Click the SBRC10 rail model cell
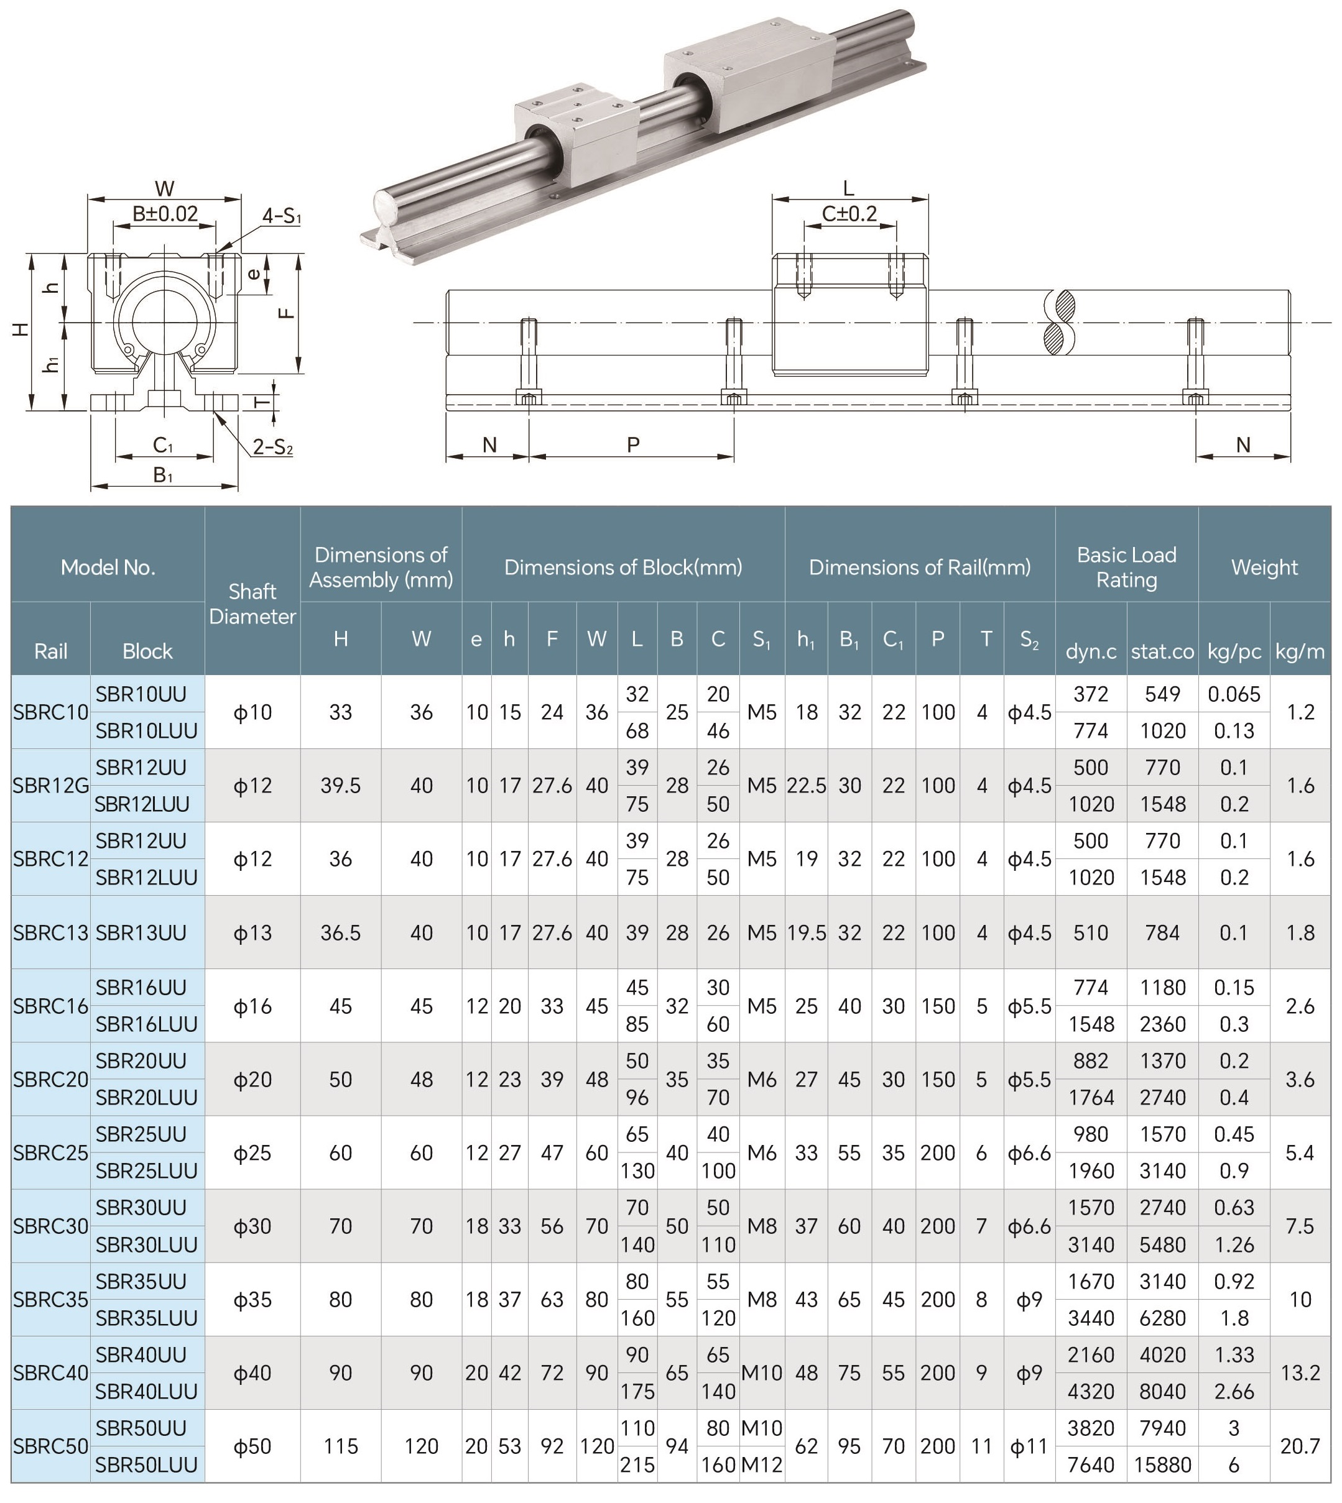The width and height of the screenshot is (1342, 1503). click(50, 712)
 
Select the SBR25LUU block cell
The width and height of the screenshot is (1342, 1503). click(147, 1170)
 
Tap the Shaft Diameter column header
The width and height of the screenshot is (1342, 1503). click(252, 604)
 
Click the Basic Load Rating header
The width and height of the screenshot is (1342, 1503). click(1126, 567)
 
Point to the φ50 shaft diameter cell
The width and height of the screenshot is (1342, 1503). click(252, 1446)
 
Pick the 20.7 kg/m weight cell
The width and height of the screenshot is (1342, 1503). click(1300, 1446)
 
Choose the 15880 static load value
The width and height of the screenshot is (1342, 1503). click(1162, 1464)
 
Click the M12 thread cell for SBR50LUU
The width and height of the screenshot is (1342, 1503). click(762, 1464)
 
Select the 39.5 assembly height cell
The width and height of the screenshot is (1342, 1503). click(340, 786)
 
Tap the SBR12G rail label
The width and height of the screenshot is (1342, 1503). click(50, 786)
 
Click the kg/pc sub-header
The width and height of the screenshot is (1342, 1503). click(1234, 651)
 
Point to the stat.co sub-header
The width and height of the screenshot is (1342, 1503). click(1162, 651)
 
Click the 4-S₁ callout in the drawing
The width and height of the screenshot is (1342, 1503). click(282, 216)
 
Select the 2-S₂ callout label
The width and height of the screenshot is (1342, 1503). click(273, 447)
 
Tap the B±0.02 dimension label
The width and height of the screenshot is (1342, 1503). click(165, 214)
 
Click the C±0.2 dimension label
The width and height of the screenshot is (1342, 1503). click(849, 214)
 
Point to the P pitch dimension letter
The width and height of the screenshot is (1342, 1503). click(632, 444)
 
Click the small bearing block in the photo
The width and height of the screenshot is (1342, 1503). click(575, 129)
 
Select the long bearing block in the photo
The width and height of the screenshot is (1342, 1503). click(749, 74)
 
